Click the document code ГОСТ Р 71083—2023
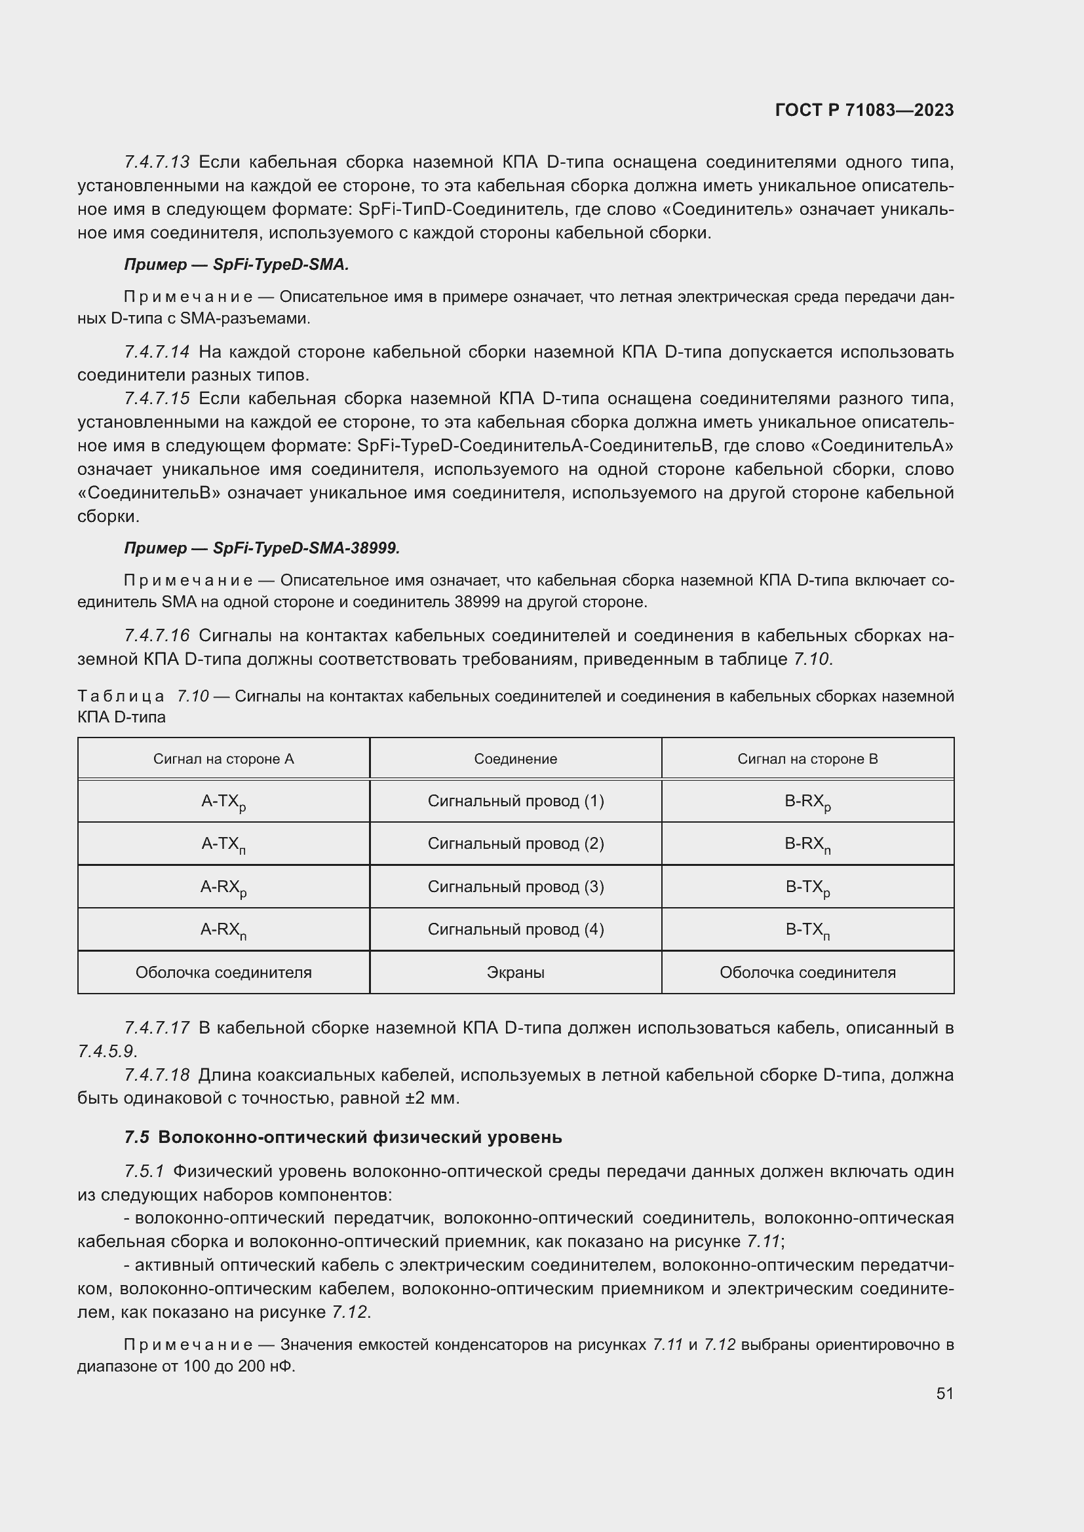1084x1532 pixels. tap(864, 110)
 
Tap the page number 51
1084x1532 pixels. tap(944, 1393)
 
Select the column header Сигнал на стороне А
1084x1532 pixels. tap(223, 758)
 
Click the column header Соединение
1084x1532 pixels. tap(515, 758)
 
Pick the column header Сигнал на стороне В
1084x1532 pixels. tap(807, 758)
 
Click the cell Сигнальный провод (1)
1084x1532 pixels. tap(515, 800)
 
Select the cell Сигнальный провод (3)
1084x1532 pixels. tap(515, 887)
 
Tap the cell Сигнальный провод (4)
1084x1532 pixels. tap(515, 929)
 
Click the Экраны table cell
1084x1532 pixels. tap(515, 972)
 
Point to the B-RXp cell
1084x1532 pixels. tap(807, 802)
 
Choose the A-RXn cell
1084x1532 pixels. tap(223, 931)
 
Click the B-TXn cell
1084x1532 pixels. tap(807, 931)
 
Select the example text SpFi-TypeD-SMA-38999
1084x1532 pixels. tap(305, 548)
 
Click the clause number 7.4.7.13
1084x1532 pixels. tap(157, 162)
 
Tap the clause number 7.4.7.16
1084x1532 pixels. tap(157, 635)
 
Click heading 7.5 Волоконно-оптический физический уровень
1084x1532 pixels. tap(343, 1137)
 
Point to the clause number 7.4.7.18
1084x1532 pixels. tap(157, 1075)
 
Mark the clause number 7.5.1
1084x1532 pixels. tap(144, 1171)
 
